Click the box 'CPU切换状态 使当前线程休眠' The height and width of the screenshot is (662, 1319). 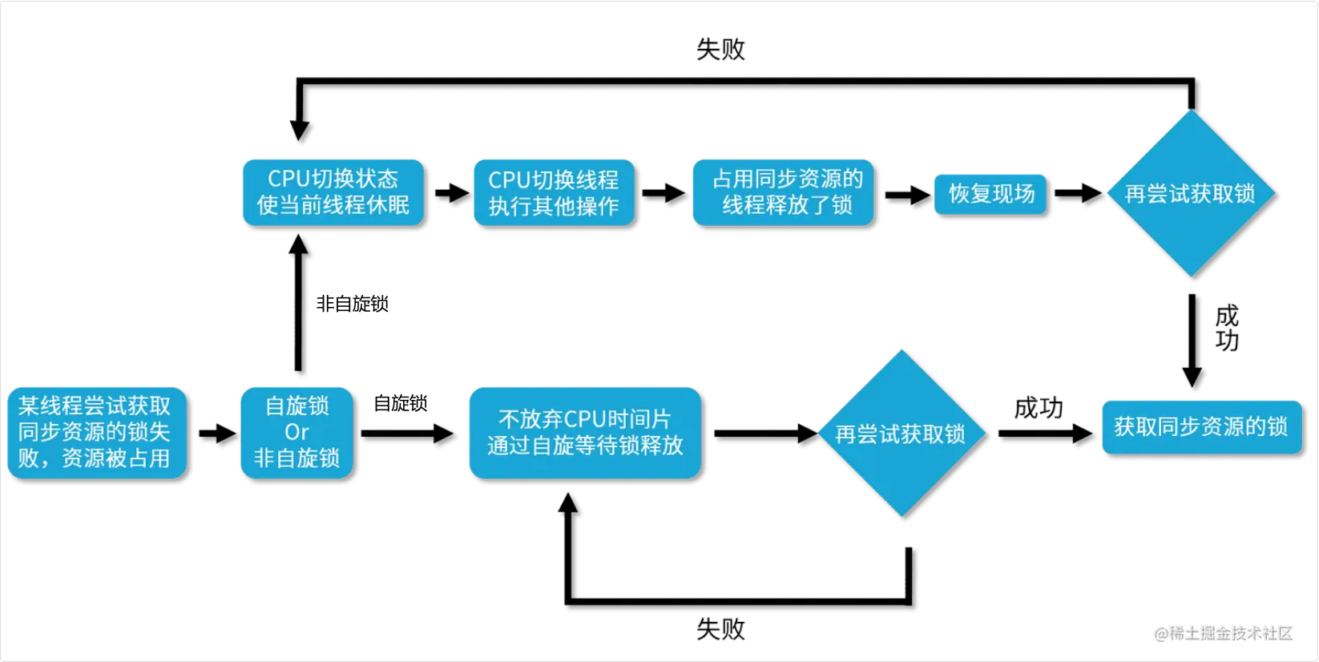tap(333, 192)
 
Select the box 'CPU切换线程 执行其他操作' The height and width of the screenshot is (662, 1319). tap(554, 193)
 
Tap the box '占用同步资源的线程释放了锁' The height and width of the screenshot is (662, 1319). tap(784, 192)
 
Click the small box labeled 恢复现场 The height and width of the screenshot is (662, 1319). tap(990, 194)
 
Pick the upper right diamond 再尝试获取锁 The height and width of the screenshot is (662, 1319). tap(1191, 194)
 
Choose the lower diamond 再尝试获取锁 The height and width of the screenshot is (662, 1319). tap(902, 434)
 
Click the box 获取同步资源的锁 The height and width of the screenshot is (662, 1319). tap(1201, 427)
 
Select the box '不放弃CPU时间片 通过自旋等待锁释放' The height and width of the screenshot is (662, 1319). tap(585, 433)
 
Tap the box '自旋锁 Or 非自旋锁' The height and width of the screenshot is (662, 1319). tap(296, 433)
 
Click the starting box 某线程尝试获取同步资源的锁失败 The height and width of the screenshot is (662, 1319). tap(96, 433)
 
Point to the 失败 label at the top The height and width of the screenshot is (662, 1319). tap(720, 50)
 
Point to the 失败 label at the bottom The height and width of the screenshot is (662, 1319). tap(720, 629)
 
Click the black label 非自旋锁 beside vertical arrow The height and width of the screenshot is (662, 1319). tap(352, 304)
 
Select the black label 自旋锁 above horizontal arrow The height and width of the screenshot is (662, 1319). tap(400, 403)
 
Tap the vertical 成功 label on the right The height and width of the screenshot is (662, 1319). tap(1227, 328)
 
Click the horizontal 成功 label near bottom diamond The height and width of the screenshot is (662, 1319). tap(1039, 408)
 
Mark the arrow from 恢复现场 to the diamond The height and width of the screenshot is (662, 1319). tap(1078, 193)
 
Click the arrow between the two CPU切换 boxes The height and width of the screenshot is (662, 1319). tap(452, 193)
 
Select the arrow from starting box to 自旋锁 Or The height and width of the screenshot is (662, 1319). tap(217, 434)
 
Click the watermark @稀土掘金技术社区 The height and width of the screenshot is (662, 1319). tap(1223, 633)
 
